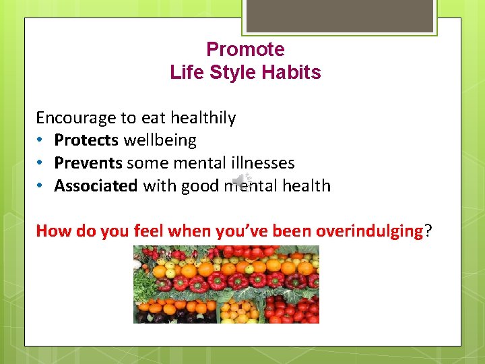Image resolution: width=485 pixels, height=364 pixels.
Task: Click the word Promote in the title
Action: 245,49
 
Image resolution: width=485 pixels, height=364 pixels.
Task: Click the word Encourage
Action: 75,118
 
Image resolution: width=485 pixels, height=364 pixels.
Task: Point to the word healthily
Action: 203,118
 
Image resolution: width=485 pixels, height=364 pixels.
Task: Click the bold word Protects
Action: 86,140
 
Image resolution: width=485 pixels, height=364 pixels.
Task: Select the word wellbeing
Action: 160,140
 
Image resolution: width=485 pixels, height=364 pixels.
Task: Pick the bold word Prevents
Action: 88,162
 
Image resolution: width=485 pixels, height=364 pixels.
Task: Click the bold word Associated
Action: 96,185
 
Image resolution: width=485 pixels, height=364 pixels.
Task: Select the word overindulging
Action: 369,231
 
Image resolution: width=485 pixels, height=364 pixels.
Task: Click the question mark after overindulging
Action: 428,231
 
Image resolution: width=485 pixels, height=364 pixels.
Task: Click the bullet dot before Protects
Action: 40,141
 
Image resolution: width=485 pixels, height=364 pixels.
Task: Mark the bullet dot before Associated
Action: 40,186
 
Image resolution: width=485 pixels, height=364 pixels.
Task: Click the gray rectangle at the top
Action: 339,16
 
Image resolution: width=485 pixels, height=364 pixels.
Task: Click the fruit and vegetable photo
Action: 226,284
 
